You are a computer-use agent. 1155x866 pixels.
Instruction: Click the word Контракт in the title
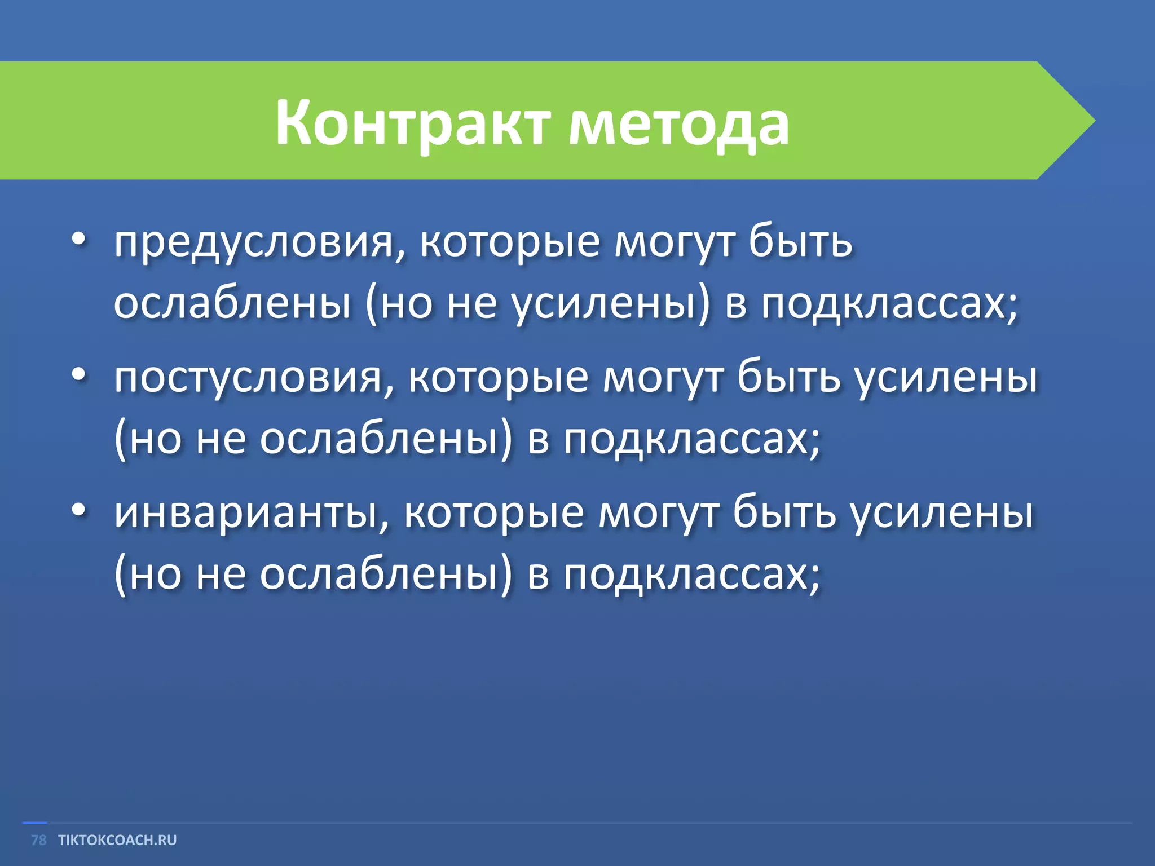click(412, 123)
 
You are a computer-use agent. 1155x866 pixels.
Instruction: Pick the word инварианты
click(246, 513)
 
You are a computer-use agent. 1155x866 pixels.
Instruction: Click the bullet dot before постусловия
click(79, 374)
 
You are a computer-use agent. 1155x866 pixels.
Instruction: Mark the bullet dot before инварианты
click(79, 510)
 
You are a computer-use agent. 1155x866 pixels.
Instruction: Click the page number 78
click(38, 840)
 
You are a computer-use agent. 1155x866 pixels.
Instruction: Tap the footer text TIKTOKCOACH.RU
click(117, 840)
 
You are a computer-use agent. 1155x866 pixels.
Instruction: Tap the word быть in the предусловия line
click(801, 242)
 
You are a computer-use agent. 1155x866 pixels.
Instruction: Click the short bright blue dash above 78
click(34, 823)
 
